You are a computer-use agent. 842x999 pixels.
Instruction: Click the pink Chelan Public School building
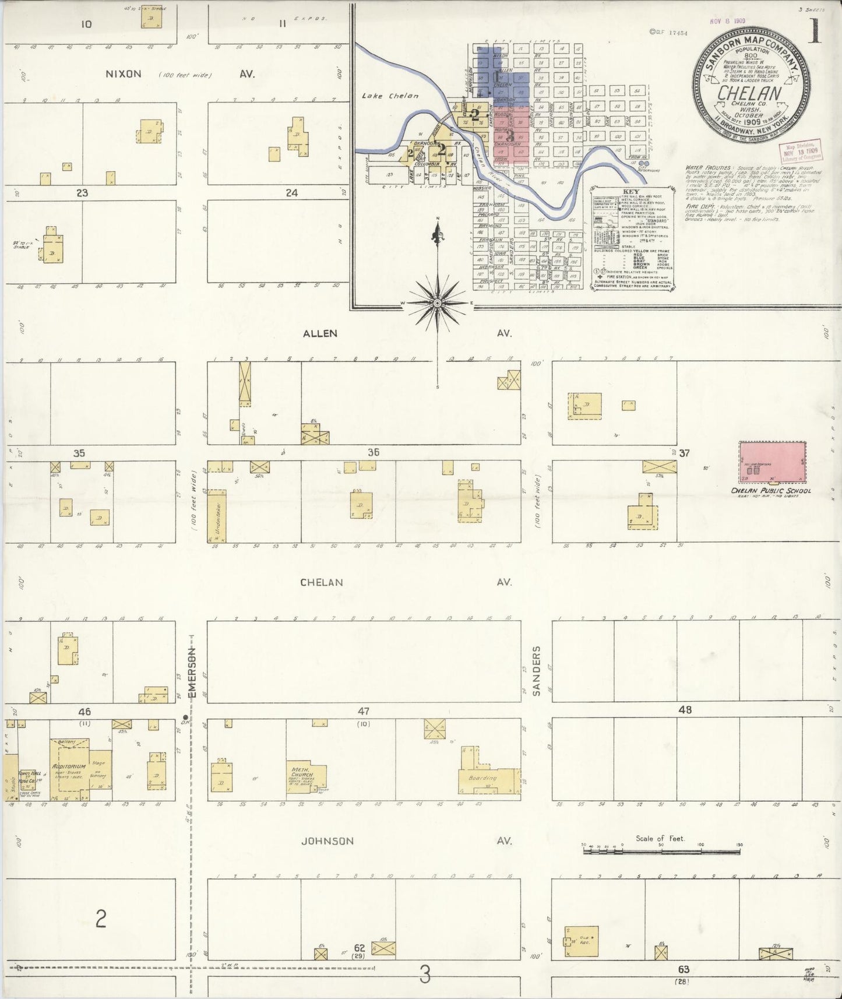click(x=772, y=462)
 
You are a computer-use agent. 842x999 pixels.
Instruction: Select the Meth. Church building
click(x=305, y=775)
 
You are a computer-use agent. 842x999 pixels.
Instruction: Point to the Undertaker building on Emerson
click(x=217, y=516)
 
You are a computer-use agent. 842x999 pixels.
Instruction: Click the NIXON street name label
click(x=123, y=74)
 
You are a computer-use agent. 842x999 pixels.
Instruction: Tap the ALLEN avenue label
click(x=320, y=333)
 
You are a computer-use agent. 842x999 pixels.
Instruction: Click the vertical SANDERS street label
click(x=537, y=670)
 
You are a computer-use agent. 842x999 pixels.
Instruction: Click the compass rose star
click(x=438, y=303)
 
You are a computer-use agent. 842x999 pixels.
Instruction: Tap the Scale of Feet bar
click(x=661, y=852)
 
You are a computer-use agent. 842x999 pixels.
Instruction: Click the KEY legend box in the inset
click(x=632, y=238)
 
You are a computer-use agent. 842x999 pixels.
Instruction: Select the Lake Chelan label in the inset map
click(x=390, y=96)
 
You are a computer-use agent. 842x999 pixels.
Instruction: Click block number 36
click(x=373, y=452)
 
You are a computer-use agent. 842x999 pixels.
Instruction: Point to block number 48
click(x=685, y=710)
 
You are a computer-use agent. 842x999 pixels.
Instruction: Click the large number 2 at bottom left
click(x=101, y=919)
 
